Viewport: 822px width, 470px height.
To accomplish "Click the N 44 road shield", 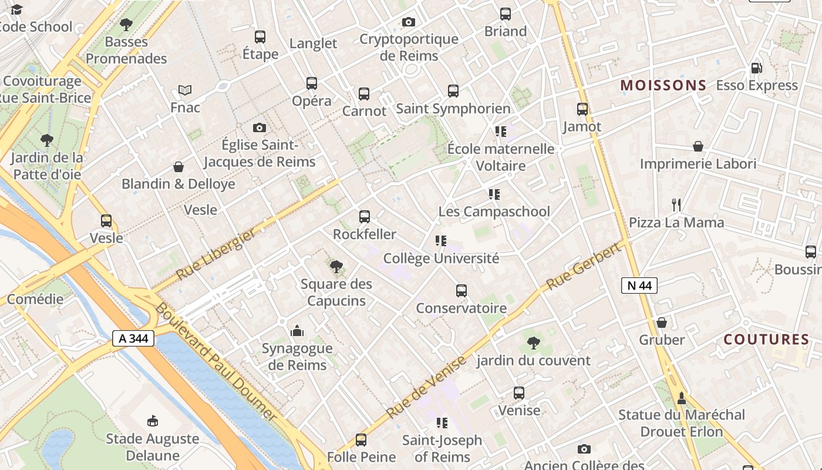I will [x=639, y=286].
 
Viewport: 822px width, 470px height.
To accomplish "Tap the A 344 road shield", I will [x=133, y=338].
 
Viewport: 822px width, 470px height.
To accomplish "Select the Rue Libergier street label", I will [x=216, y=254].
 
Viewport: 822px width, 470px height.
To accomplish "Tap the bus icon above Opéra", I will [x=312, y=83].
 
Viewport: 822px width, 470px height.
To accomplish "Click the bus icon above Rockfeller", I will [x=365, y=217].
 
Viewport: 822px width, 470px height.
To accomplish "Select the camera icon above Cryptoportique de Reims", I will [x=409, y=22].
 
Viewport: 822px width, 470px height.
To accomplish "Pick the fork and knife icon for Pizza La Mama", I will [x=676, y=205].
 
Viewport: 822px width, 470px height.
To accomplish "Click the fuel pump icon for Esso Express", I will [x=757, y=68].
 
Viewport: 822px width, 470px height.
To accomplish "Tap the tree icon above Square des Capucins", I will [x=336, y=267].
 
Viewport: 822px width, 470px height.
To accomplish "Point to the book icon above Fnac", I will [x=185, y=90].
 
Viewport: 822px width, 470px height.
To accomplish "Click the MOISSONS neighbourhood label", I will [x=663, y=85].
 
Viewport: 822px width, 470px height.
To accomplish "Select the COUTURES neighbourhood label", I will [x=766, y=340].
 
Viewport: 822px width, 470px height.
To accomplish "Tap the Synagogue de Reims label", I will [x=297, y=357].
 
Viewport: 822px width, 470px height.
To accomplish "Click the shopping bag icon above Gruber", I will [x=662, y=323].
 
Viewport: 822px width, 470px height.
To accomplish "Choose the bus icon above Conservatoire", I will [x=461, y=291].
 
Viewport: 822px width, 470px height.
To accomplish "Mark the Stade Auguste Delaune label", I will [x=152, y=447].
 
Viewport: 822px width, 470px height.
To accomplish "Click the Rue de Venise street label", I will [x=427, y=387].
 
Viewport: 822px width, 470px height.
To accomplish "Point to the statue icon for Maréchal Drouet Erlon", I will [x=682, y=398].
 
